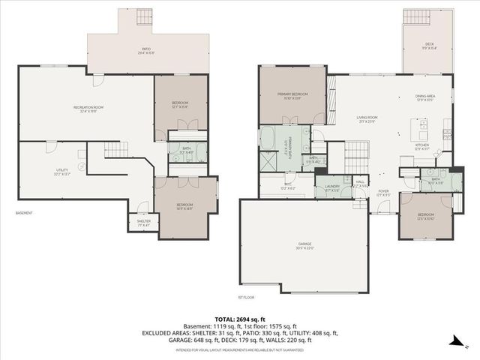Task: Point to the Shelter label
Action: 143,222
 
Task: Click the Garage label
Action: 304,245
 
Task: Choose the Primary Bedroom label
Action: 292,95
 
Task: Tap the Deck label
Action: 429,46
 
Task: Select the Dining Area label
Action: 425,97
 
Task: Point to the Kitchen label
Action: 422,146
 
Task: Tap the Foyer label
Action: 382,193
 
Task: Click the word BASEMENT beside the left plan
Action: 25,213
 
